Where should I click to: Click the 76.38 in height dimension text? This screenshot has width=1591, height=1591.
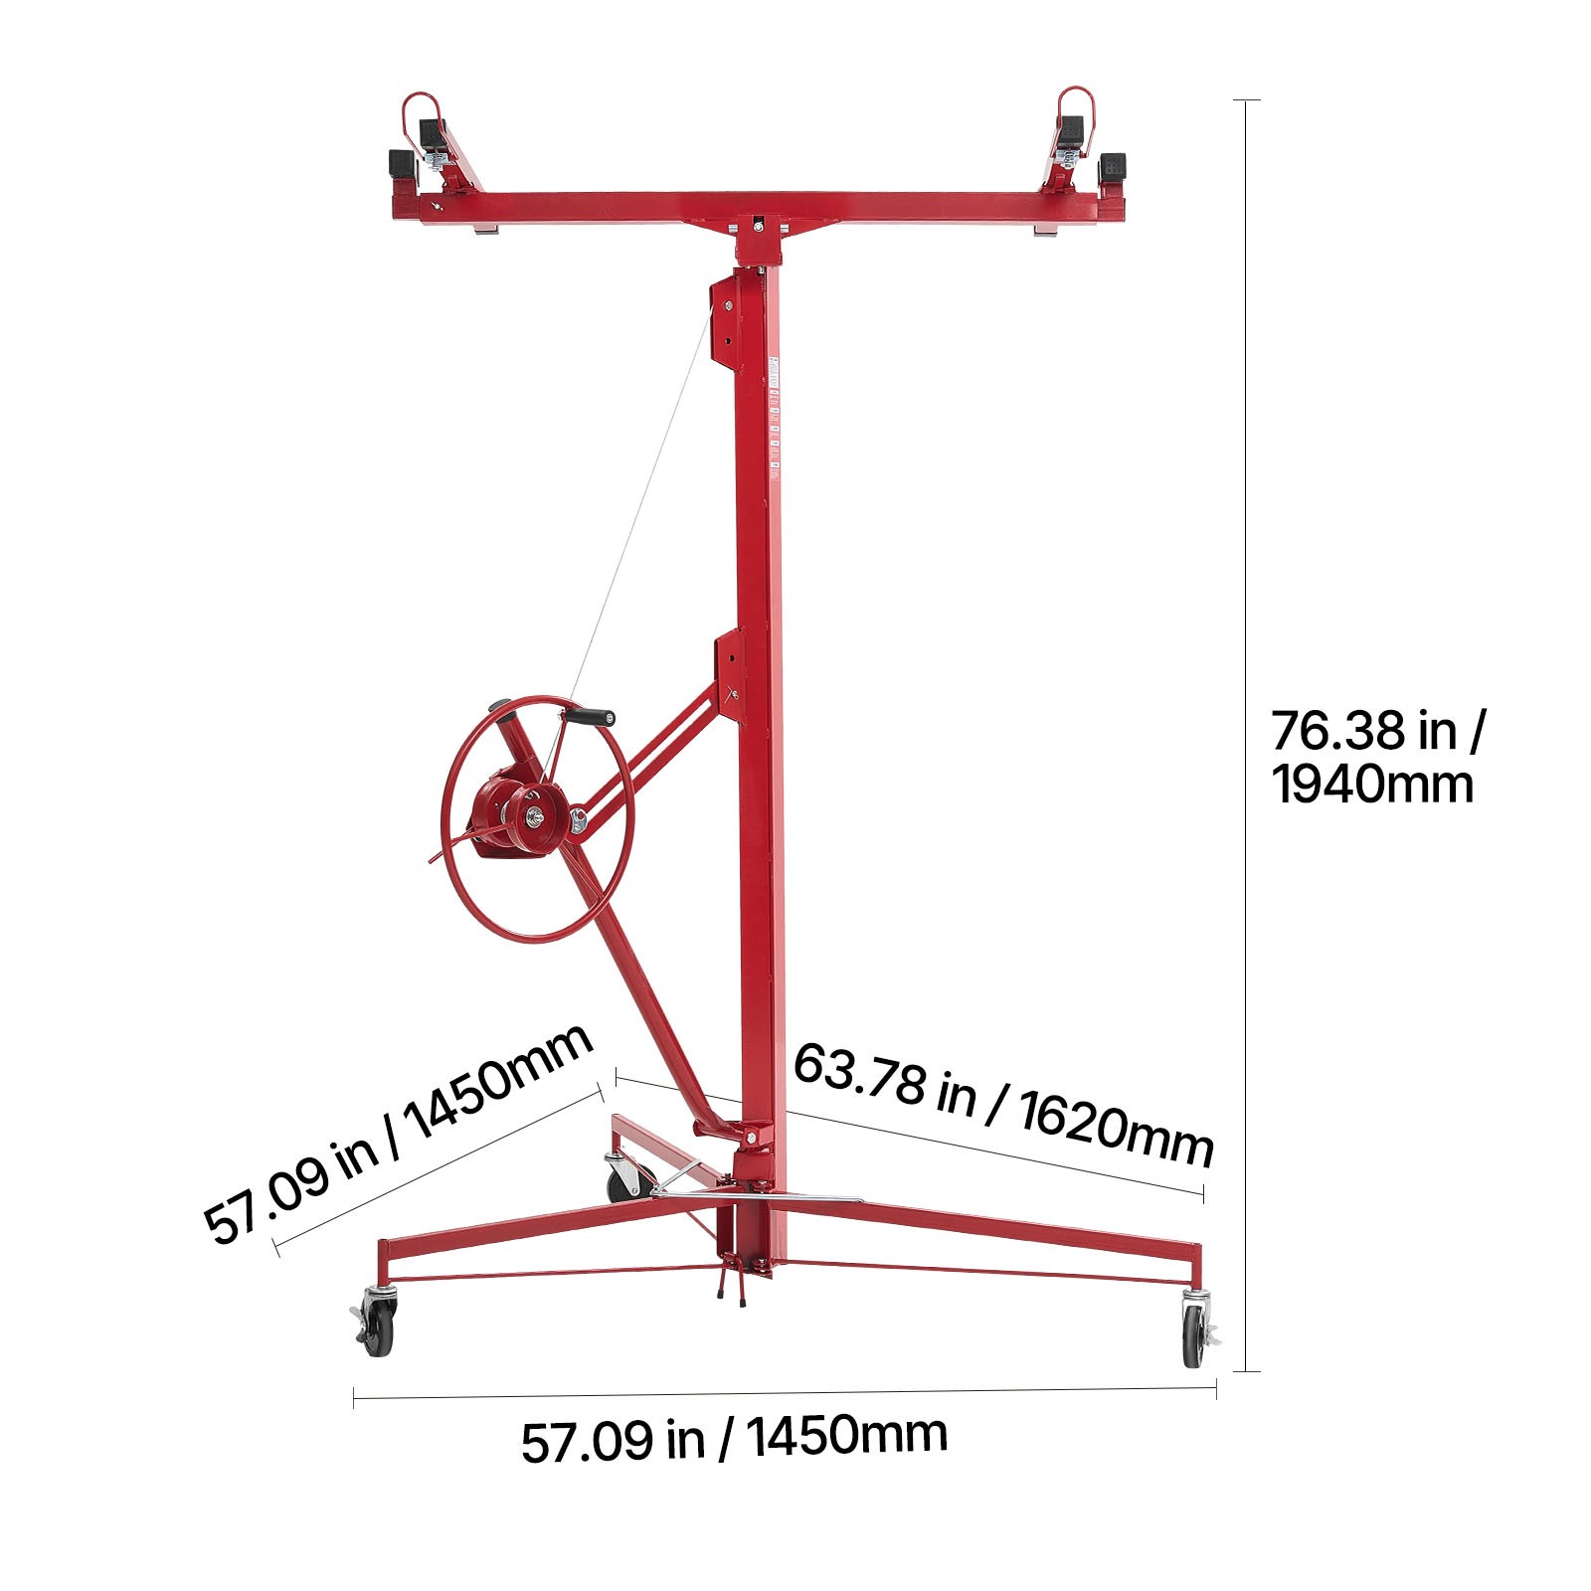click(1377, 731)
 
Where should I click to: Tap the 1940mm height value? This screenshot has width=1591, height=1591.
click(1372, 786)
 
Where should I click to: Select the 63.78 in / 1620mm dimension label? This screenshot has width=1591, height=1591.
click(1003, 1104)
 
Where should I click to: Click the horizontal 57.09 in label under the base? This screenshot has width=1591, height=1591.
click(734, 1438)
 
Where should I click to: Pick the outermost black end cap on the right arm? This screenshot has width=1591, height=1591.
click(1113, 167)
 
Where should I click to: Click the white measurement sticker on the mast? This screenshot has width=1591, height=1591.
click(774, 418)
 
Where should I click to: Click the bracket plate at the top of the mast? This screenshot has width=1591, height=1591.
click(727, 308)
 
